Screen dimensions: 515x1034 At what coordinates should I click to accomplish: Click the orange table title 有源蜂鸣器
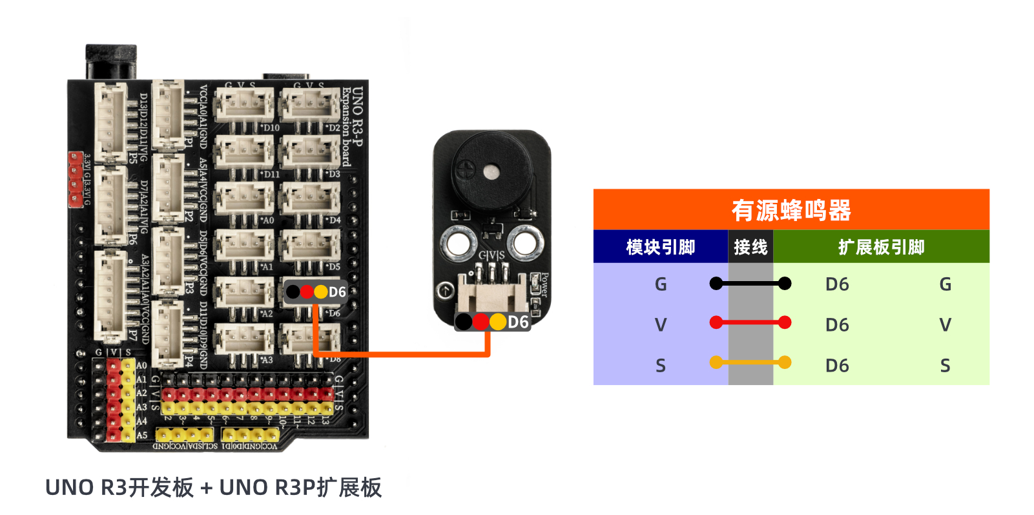[x=791, y=210]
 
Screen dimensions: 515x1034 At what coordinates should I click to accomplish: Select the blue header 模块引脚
[x=660, y=247]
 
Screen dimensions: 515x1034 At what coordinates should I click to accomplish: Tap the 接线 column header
[x=750, y=247]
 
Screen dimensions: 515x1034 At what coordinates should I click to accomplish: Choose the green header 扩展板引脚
[x=881, y=247]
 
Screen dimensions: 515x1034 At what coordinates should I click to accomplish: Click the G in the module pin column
[x=660, y=284]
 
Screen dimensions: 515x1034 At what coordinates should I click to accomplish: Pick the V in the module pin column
[x=660, y=325]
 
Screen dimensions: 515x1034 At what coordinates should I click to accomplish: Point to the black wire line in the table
[x=750, y=283]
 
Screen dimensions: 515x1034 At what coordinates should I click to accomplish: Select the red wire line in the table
[x=750, y=322]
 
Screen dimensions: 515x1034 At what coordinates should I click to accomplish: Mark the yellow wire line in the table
[x=750, y=363]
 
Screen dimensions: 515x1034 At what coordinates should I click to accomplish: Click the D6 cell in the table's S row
[x=837, y=366]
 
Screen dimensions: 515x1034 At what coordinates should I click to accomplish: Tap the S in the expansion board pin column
[x=945, y=366]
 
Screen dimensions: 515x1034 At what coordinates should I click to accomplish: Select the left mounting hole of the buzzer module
[x=458, y=244]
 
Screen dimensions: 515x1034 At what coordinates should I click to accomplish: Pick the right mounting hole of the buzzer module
[x=525, y=244]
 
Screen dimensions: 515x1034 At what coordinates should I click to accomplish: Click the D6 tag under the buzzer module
[x=517, y=322]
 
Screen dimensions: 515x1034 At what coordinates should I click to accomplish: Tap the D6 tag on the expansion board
[x=337, y=292]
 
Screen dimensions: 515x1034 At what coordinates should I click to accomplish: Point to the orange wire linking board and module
[x=400, y=354]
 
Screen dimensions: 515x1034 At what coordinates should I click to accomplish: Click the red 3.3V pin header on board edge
[x=76, y=180]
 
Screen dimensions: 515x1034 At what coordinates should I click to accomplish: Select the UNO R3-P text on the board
[x=357, y=116]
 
